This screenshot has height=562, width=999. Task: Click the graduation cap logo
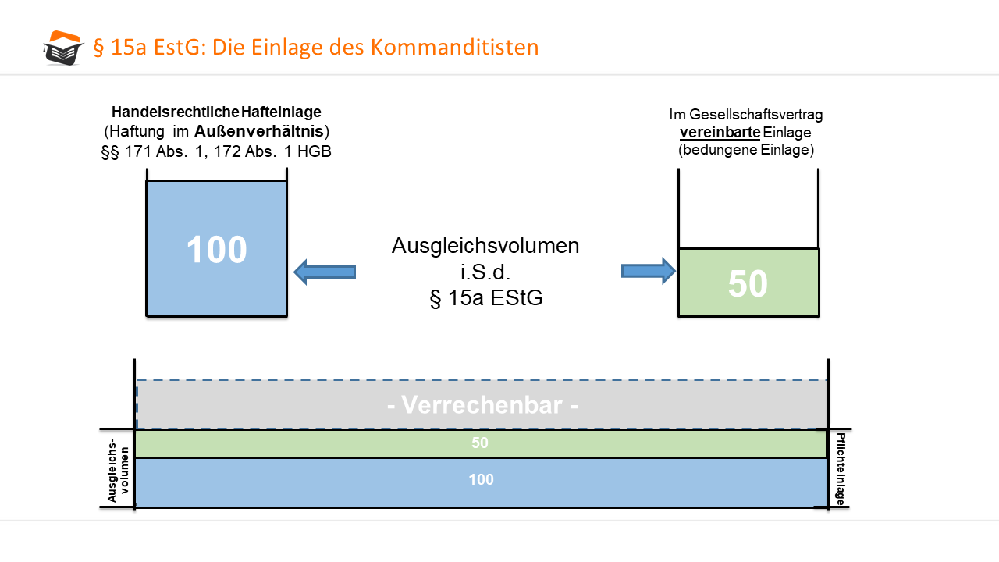pyautogui.click(x=63, y=48)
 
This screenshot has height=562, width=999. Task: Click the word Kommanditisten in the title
pyautogui.click(x=454, y=47)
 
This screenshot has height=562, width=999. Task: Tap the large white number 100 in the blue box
pyautogui.click(x=216, y=249)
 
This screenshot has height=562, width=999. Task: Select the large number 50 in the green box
pyautogui.click(x=748, y=283)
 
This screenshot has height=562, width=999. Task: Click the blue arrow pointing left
pyautogui.click(x=325, y=272)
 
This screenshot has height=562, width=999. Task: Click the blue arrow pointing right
pyautogui.click(x=649, y=271)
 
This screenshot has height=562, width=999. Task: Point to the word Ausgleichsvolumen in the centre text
pyautogui.click(x=485, y=246)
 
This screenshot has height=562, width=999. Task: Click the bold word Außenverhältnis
pyautogui.click(x=259, y=131)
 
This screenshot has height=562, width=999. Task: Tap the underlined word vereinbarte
pyautogui.click(x=720, y=133)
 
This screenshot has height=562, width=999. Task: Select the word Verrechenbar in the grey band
pyautogui.click(x=482, y=404)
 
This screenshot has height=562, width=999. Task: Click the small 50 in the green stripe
pyautogui.click(x=480, y=443)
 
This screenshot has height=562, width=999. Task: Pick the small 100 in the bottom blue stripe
pyautogui.click(x=481, y=479)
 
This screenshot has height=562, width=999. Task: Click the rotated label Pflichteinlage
pyautogui.click(x=841, y=469)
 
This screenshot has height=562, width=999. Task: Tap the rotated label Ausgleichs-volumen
pyautogui.click(x=118, y=470)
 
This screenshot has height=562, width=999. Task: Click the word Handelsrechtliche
pyautogui.click(x=176, y=112)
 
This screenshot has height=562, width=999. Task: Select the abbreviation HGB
pyautogui.click(x=315, y=151)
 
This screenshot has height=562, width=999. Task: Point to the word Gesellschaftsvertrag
pyautogui.click(x=756, y=115)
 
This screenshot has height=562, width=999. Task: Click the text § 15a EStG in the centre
pyautogui.click(x=486, y=298)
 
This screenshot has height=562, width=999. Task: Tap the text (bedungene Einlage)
pyautogui.click(x=746, y=149)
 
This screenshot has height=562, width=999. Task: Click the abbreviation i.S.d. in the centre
pyautogui.click(x=485, y=272)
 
